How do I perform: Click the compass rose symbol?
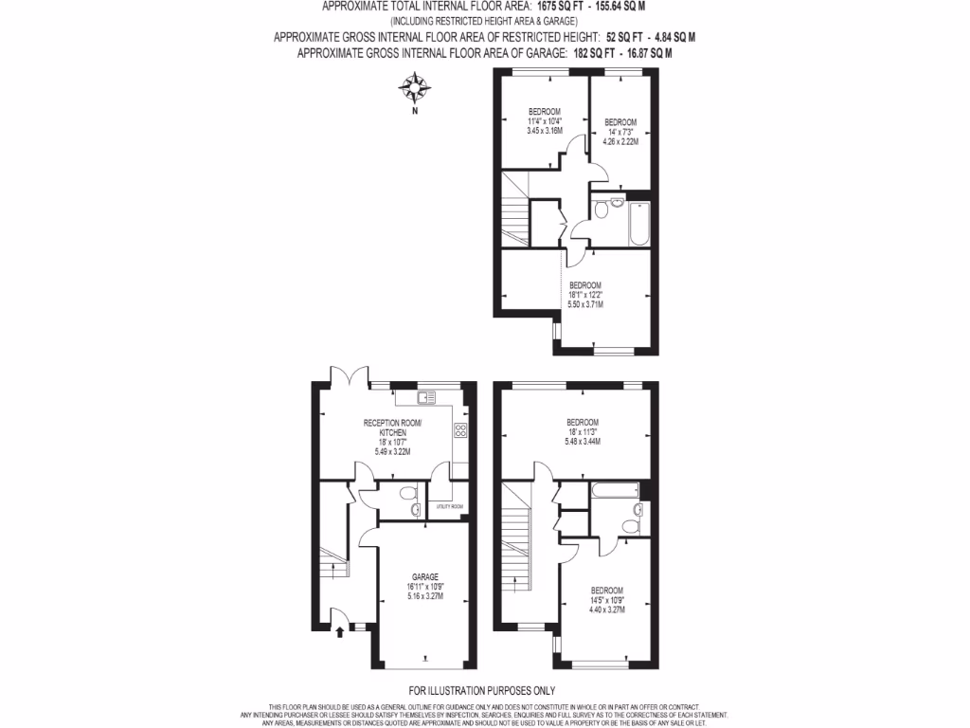coord(414,90)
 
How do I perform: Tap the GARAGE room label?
coord(424,576)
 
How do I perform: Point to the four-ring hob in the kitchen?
coord(460,430)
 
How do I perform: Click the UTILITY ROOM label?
coord(449,506)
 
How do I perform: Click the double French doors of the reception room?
coord(347,378)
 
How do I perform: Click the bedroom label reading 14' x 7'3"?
coord(620,132)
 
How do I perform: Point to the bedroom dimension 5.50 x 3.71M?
coord(585,303)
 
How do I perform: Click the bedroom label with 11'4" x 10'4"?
coord(545,120)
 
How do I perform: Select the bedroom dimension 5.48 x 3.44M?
coord(583,442)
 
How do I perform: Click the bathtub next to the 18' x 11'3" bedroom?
coord(613,490)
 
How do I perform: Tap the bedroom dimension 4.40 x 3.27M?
coord(607,609)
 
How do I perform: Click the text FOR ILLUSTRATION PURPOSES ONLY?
coord(482,691)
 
